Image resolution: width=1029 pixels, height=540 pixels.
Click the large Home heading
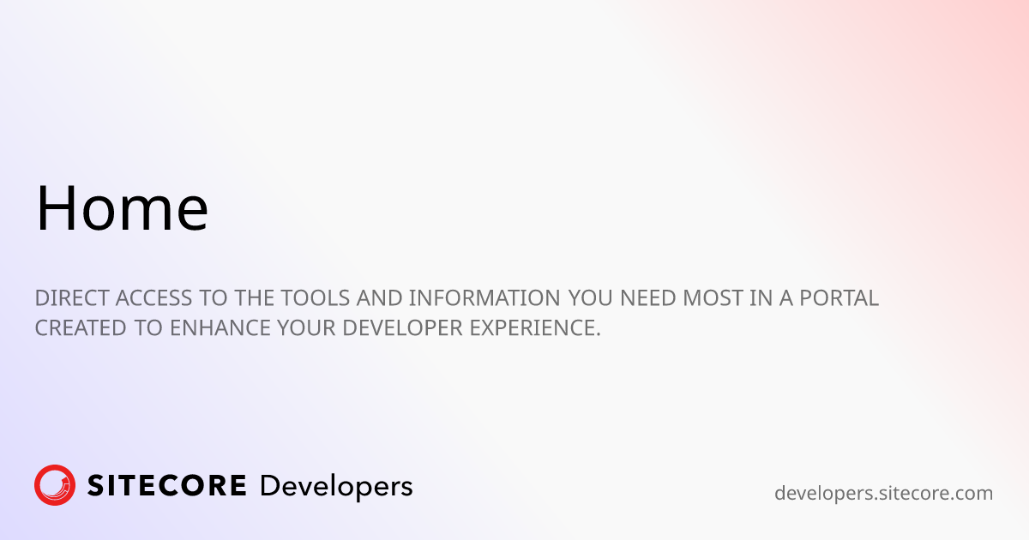click(122, 207)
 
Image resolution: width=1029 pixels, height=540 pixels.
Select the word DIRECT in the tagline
click(72, 298)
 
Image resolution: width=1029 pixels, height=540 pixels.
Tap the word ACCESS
click(153, 298)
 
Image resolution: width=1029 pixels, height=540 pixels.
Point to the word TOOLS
click(316, 298)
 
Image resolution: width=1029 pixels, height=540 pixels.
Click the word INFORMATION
click(484, 298)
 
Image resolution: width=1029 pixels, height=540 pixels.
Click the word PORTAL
click(839, 298)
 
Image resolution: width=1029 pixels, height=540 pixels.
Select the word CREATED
click(81, 327)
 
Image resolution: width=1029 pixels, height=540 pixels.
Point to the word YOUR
click(306, 327)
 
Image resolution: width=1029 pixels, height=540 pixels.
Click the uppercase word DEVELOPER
click(402, 327)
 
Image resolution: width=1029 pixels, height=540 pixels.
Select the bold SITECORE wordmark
click(166, 486)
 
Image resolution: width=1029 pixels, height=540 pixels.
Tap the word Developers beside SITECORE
click(336, 487)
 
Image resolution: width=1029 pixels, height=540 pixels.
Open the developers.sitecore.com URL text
click(884, 493)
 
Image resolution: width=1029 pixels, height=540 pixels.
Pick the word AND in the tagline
click(380, 298)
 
